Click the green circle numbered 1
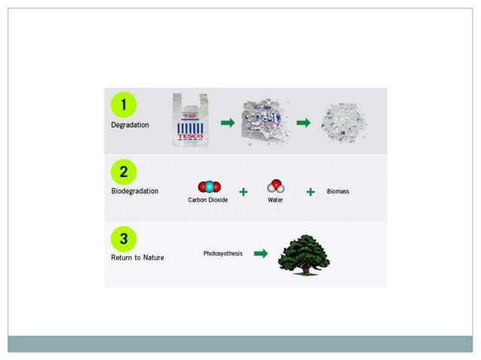[124, 104]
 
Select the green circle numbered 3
[124, 239]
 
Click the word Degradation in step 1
[130, 125]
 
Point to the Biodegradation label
[134, 191]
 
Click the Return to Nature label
[137, 258]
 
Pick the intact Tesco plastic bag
[190, 120]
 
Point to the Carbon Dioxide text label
[207, 200]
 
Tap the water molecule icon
[275, 185]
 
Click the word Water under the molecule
[275, 200]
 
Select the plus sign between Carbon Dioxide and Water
[243, 191]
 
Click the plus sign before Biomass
[310, 191]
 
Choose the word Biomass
[338, 191]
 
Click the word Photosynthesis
[223, 254]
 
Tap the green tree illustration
[303, 253]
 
